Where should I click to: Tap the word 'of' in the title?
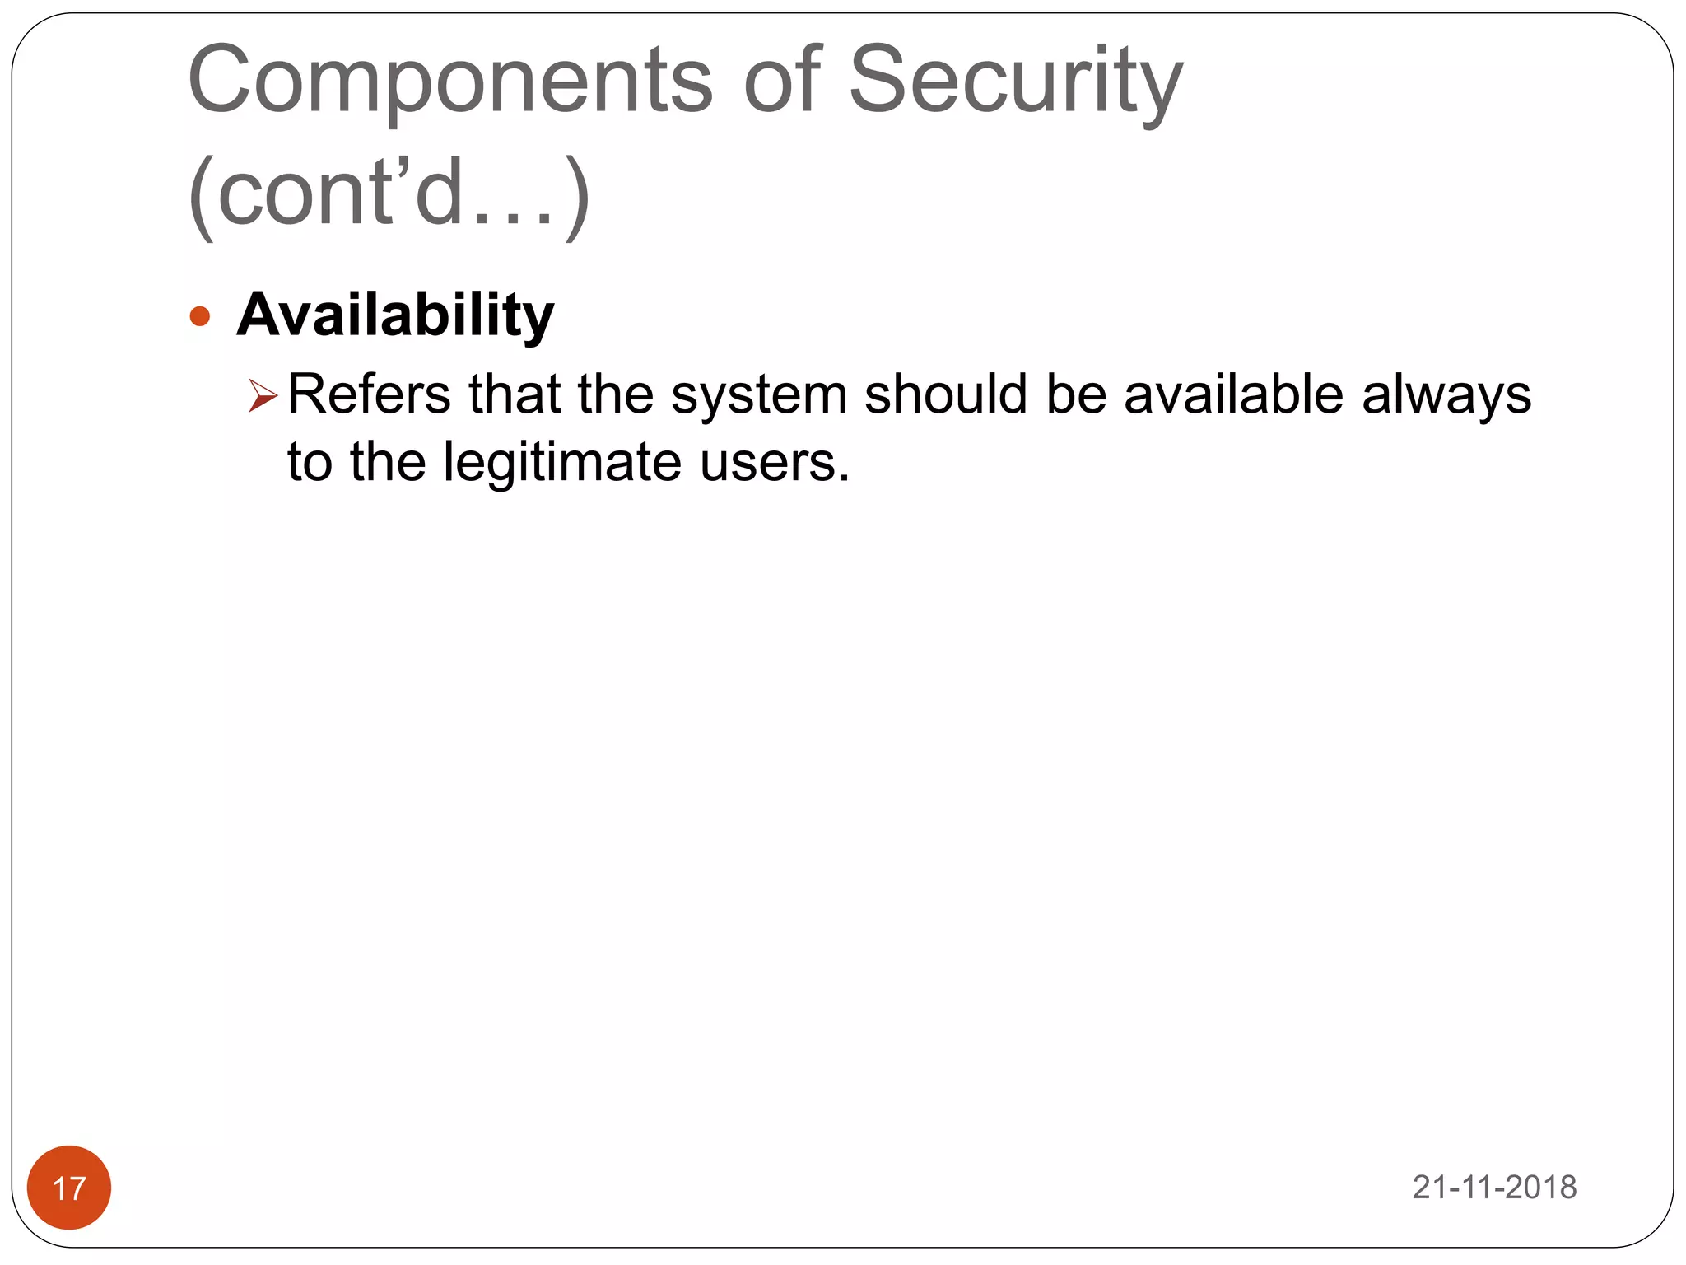point(781,81)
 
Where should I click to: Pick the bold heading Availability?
point(395,315)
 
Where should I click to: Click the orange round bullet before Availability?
point(200,316)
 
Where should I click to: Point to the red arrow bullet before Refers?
point(263,395)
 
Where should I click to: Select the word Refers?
point(370,394)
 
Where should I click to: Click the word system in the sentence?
point(758,395)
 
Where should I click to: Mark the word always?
point(1446,395)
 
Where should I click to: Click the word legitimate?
point(562,461)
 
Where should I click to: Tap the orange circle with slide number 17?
point(69,1187)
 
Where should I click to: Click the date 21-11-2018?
point(1494,1187)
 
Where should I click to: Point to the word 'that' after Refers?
point(515,394)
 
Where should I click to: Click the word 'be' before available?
point(1075,394)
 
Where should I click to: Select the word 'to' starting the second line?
point(310,461)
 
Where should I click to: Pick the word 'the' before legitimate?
point(387,461)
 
